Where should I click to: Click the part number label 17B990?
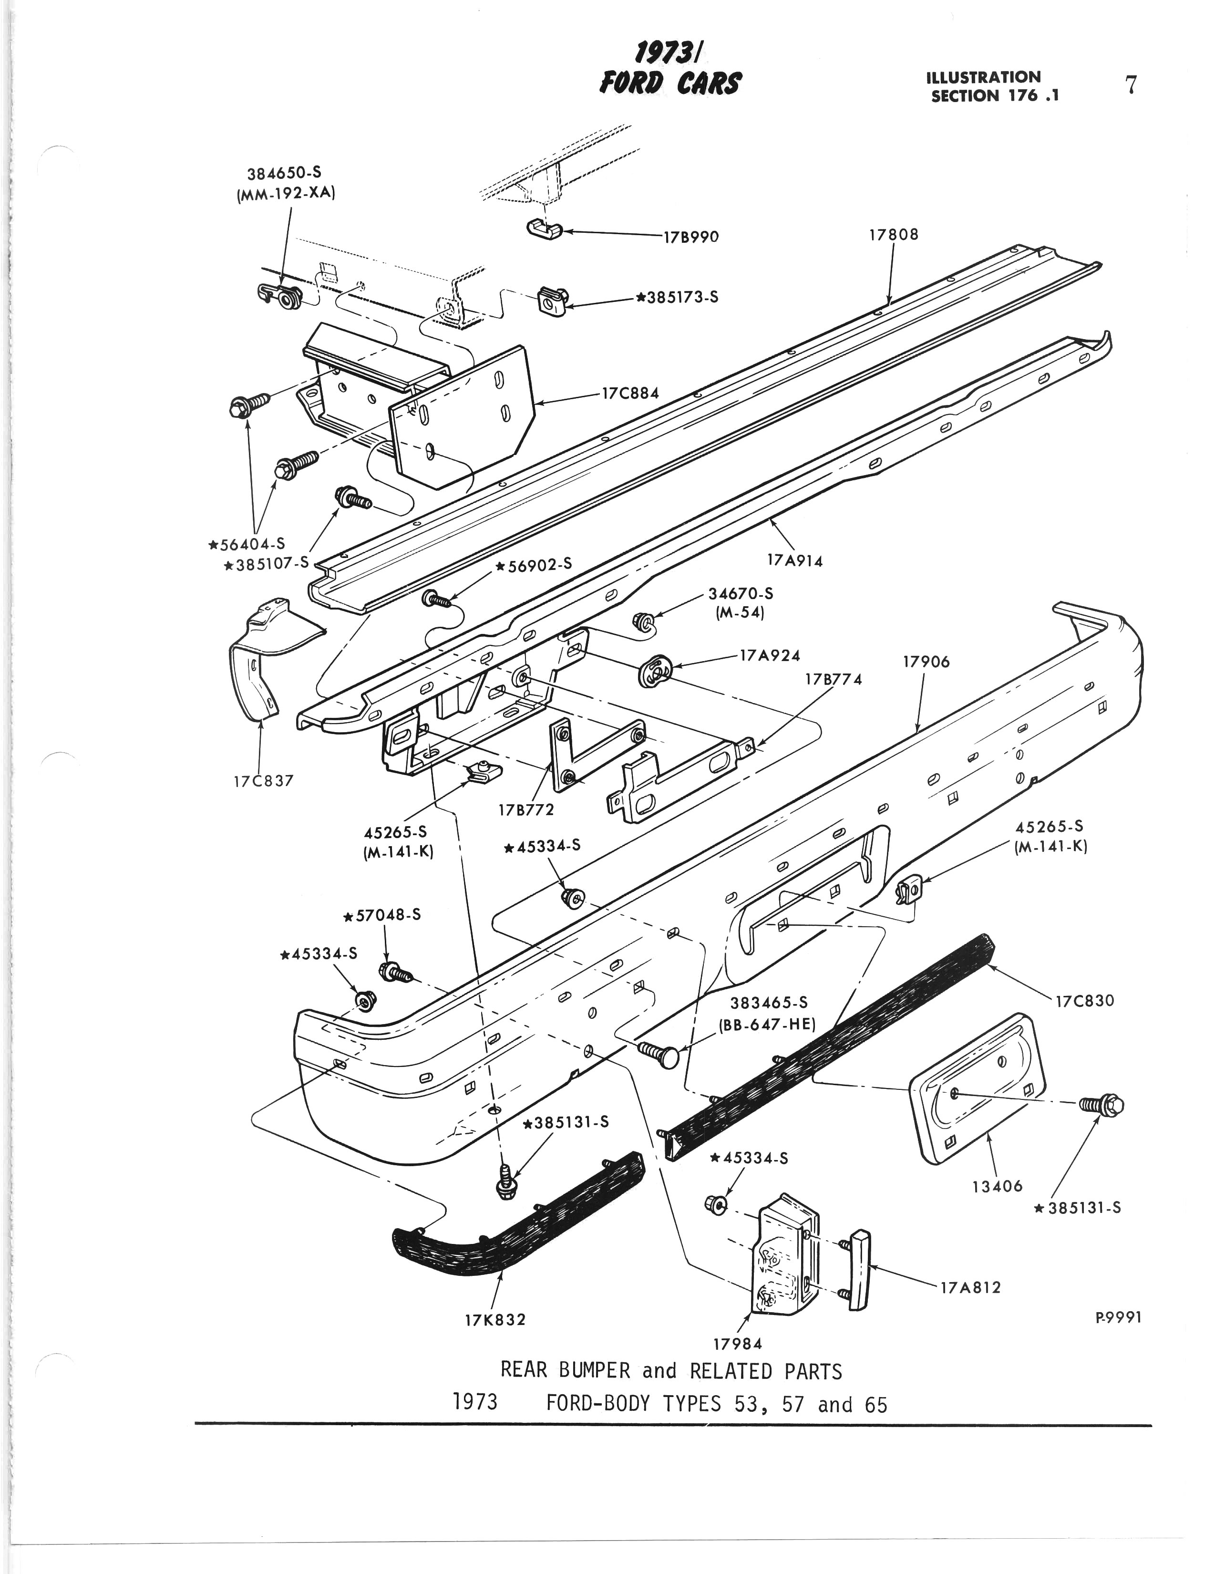(690, 237)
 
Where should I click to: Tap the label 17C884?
(630, 394)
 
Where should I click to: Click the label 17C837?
(263, 780)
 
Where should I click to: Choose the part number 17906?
(926, 662)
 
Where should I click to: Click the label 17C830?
(1084, 1000)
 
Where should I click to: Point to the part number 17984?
(737, 1344)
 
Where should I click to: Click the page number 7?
(1131, 85)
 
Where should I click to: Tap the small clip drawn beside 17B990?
(544, 229)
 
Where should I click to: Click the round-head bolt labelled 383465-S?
(661, 1056)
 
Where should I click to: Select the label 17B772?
(526, 809)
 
